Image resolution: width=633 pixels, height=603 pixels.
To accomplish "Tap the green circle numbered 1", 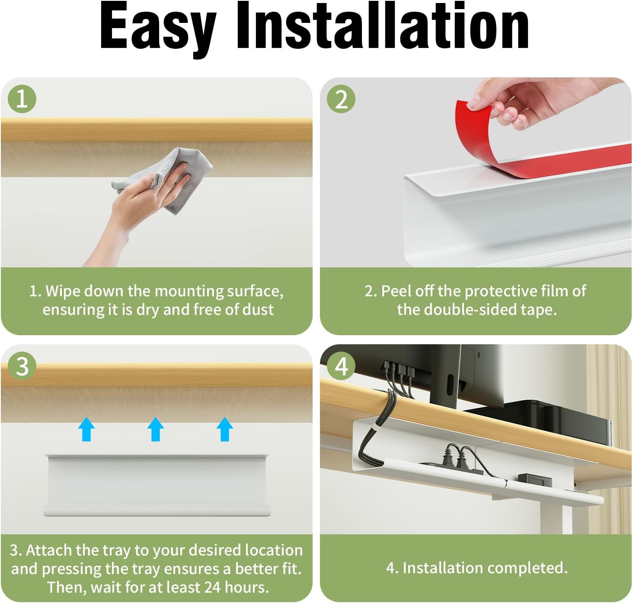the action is coord(22,99).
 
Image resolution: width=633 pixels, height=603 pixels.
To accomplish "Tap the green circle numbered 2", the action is coord(341,99).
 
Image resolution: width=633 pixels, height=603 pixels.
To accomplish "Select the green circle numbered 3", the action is coord(22,366).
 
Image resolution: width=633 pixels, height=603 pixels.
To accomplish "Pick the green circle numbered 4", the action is coord(341,366).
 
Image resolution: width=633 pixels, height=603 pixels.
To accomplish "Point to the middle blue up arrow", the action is coord(156,429).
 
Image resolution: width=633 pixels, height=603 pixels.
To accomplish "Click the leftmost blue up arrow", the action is coord(86,429).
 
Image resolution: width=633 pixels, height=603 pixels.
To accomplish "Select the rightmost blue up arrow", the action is coord(225,429).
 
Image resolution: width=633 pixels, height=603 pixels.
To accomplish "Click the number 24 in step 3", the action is coord(212,587).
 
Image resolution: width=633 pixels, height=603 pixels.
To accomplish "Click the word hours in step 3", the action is coord(246,587).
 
